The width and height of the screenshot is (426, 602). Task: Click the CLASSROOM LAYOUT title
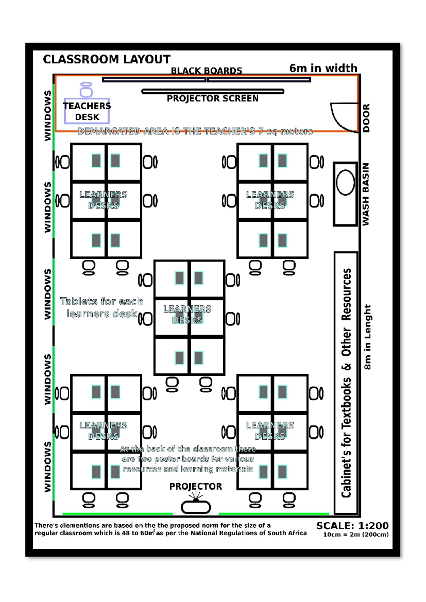click(106, 59)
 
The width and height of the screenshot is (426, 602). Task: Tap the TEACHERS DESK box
click(87, 111)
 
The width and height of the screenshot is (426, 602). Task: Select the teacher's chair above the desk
click(86, 90)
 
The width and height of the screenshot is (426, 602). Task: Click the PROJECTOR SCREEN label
click(213, 99)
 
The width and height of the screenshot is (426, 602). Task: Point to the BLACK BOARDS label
click(206, 71)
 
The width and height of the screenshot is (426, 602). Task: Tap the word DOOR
click(366, 118)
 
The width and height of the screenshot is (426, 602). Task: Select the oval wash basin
click(345, 182)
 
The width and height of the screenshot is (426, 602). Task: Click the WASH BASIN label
click(366, 194)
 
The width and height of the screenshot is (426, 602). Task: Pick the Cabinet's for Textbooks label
click(346, 383)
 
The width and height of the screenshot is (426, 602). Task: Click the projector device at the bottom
click(196, 507)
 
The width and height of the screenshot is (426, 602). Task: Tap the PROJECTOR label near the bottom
click(196, 487)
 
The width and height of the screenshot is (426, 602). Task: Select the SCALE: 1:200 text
click(352, 526)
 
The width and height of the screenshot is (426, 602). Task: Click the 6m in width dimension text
click(323, 68)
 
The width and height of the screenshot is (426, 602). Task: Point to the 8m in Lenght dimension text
click(367, 337)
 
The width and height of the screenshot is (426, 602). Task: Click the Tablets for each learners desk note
click(102, 307)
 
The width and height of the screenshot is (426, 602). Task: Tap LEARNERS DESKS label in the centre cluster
click(187, 314)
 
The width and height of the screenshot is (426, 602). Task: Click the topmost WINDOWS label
click(48, 116)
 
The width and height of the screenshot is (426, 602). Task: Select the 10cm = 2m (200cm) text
click(356, 535)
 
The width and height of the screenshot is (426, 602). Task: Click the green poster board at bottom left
click(118, 514)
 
